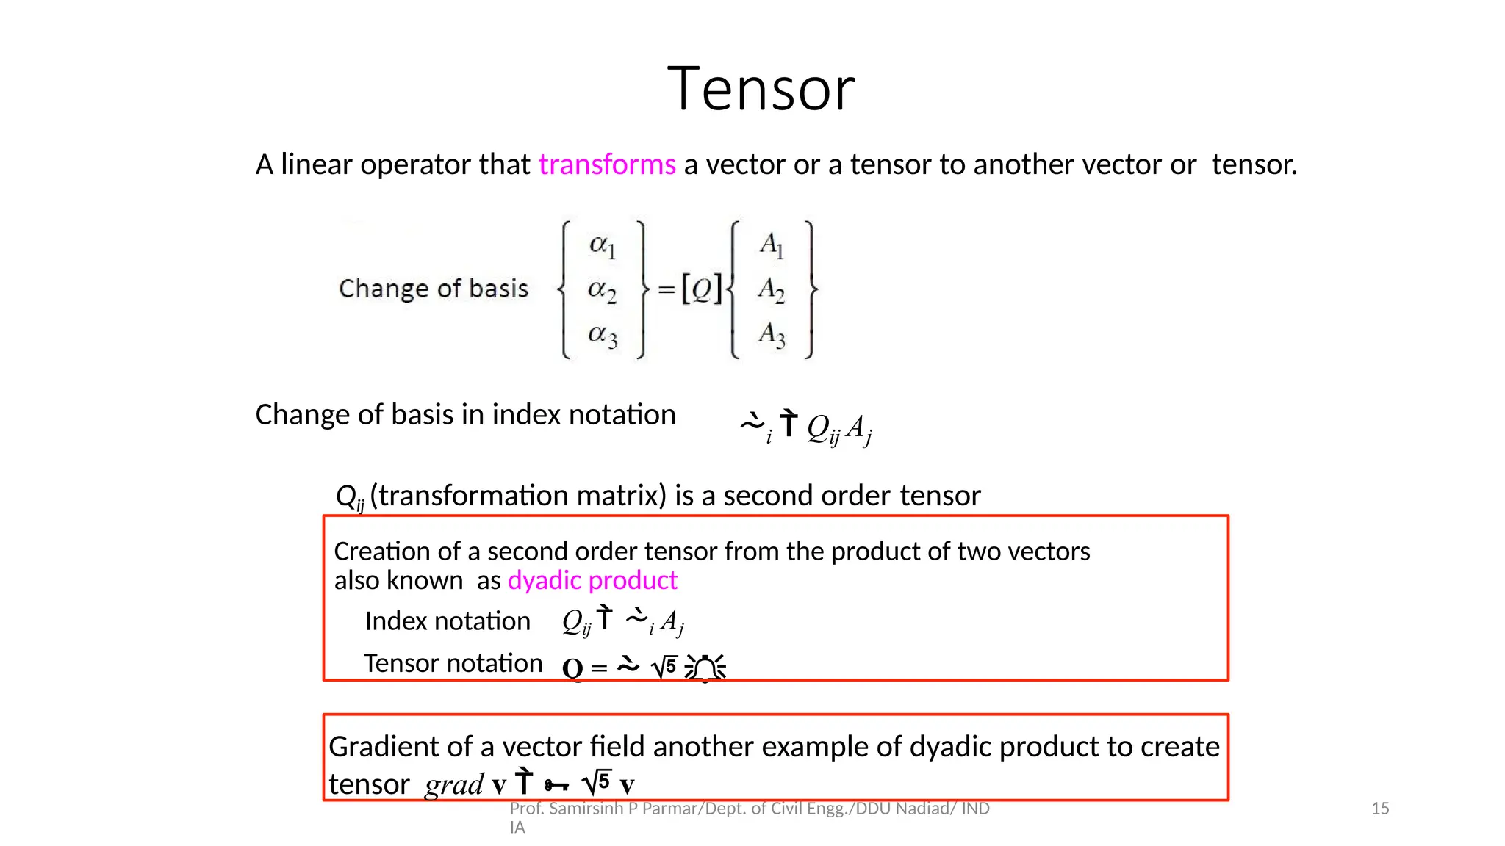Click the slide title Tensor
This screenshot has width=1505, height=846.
tap(761, 90)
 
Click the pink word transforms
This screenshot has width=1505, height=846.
tap(607, 164)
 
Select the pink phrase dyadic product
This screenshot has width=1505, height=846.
tap(592, 581)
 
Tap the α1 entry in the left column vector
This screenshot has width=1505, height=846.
tap(602, 245)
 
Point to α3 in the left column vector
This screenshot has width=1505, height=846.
tap(602, 336)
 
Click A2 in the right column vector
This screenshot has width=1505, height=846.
tap(771, 289)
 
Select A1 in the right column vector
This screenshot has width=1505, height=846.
tap(771, 245)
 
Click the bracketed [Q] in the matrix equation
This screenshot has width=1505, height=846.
tap(702, 289)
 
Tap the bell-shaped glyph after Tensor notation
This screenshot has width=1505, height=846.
tap(705, 668)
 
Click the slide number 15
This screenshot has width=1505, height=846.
tap(1380, 809)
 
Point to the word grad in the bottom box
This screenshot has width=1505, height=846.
tap(454, 785)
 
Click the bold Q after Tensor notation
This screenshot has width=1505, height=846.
tap(572, 668)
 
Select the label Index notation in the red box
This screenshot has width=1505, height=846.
tap(447, 621)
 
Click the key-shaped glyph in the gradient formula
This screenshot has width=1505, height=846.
tap(556, 786)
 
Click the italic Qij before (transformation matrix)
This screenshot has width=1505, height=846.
tap(350, 497)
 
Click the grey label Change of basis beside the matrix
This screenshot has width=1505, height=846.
tap(434, 289)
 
